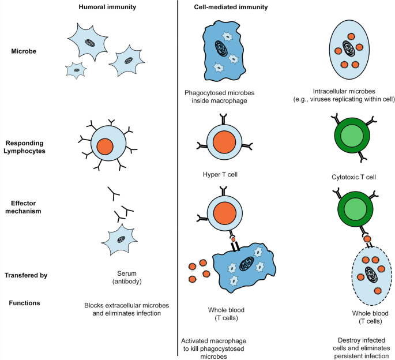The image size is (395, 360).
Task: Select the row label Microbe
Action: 25,52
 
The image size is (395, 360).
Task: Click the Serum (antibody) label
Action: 121,280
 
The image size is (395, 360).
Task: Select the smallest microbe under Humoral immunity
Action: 76,70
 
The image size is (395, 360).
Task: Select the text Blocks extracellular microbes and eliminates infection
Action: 121,309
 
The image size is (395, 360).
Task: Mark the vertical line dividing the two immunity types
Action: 176,173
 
